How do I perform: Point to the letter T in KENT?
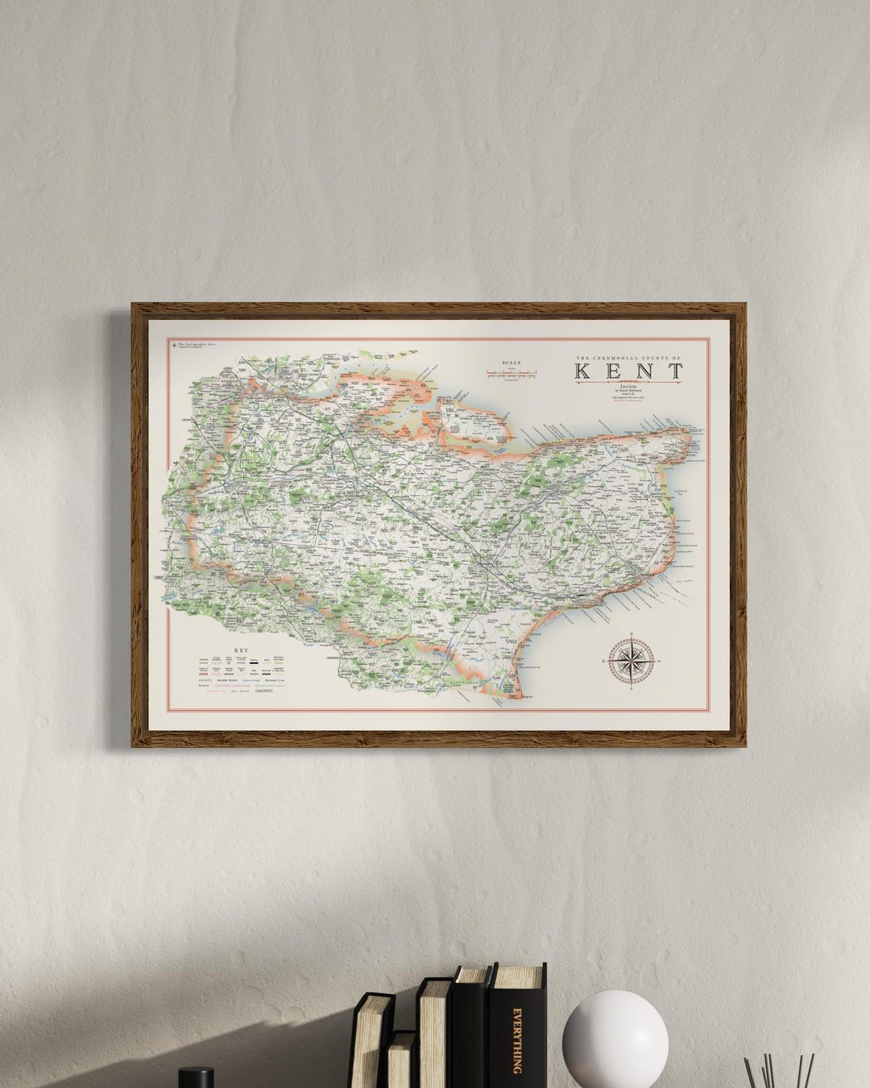(673, 372)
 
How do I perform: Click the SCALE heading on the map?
(512, 363)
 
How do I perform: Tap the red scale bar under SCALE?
(512, 373)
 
